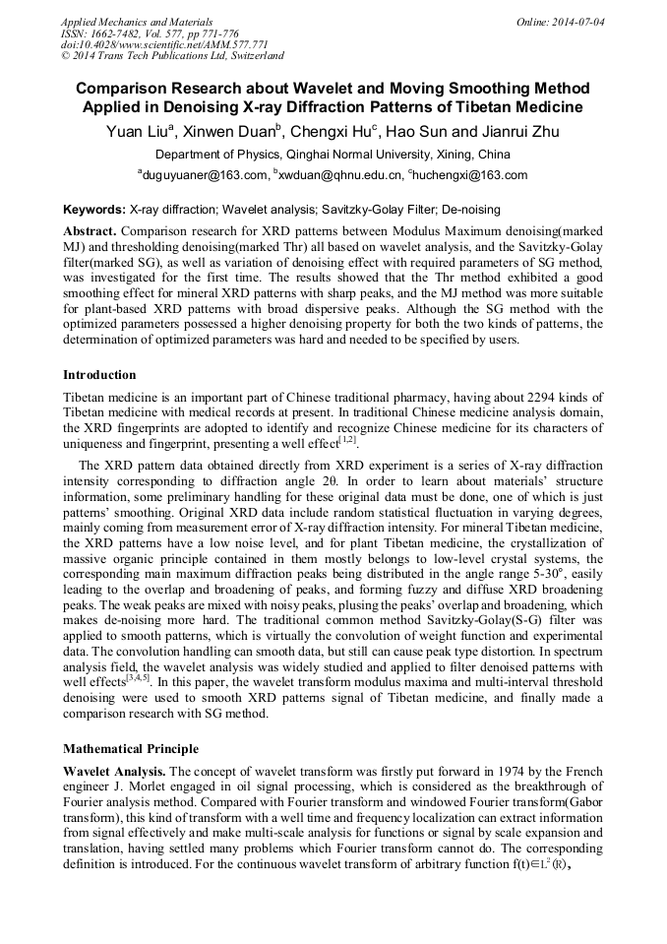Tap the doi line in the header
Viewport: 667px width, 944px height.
[x=164, y=44]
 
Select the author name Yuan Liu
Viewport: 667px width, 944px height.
[x=139, y=132]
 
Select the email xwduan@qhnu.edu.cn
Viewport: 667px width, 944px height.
[x=341, y=175]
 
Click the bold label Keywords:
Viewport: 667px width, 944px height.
[x=93, y=210]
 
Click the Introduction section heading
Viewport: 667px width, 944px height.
[x=99, y=375]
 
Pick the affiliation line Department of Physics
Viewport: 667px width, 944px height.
[x=333, y=155]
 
